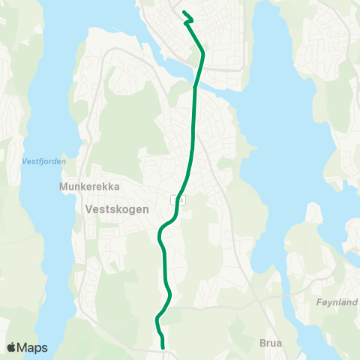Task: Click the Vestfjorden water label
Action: tap(44, 160)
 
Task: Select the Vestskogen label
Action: tap(116, 210)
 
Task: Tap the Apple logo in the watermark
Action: tap(12, 347)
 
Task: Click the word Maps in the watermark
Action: tap(34, 347)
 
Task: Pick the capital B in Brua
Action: tap(262, 343)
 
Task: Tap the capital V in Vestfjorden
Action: tap(25, 160)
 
